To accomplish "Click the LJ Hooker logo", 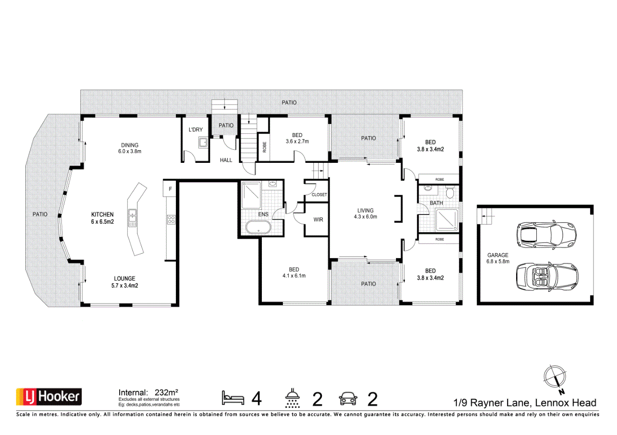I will coord(49,397).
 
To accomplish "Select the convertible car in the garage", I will coord(546,275).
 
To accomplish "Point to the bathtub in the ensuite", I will coord(258,228).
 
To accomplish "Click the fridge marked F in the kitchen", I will coord(170,189).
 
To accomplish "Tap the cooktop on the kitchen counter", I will coord(171,219).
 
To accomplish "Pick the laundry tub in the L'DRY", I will coord(203,143).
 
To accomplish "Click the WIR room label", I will coord(318,220).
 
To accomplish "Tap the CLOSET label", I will coord(319,195).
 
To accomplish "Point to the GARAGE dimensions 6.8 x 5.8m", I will coord(498,261).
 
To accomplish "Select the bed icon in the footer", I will coord(233,398).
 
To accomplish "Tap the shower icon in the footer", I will coord(293,398).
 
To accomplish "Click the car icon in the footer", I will coord(348,398).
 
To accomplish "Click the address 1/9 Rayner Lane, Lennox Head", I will coord(525,403).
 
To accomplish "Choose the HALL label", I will coord(226,160).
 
